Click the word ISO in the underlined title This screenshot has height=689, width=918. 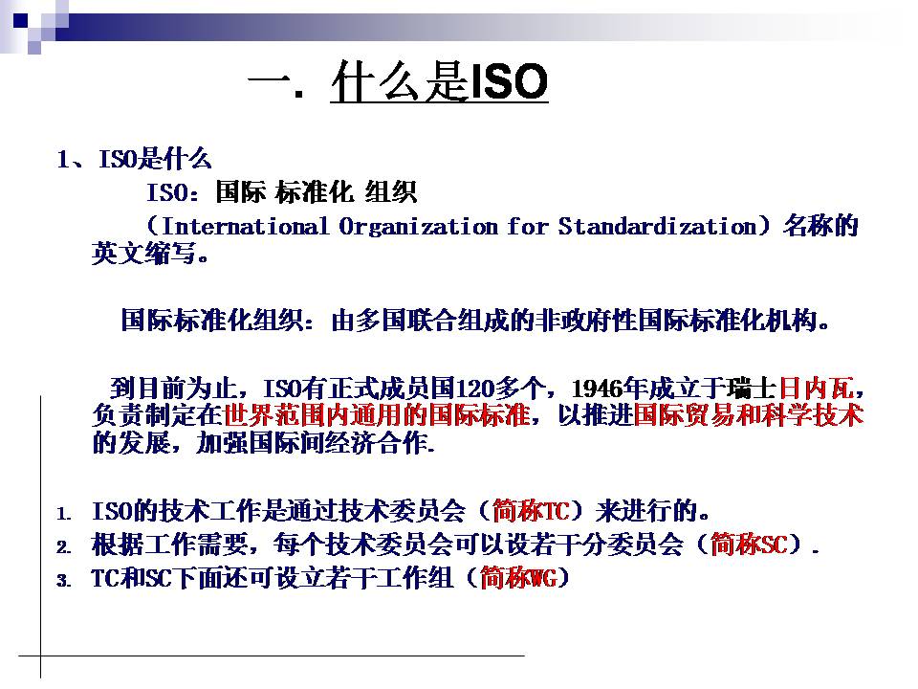509,81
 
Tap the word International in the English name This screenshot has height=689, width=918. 245,226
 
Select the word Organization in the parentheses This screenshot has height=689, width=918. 419,227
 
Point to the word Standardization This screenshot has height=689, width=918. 658,226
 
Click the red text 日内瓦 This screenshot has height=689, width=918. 816,389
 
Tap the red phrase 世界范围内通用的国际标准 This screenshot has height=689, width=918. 377,415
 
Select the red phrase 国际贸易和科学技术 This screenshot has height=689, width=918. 748,415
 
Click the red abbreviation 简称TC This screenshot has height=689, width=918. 531,511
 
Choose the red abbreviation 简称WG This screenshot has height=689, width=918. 518,578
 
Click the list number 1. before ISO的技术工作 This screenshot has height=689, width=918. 64,514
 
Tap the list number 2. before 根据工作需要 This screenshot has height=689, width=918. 64,547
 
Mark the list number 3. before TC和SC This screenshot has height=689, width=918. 64,581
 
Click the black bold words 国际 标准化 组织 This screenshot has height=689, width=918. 317,192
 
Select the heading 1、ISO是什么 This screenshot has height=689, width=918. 134,159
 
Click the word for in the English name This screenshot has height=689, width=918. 528,226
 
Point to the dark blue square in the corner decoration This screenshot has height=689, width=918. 20,20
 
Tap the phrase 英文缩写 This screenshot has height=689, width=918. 144,253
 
